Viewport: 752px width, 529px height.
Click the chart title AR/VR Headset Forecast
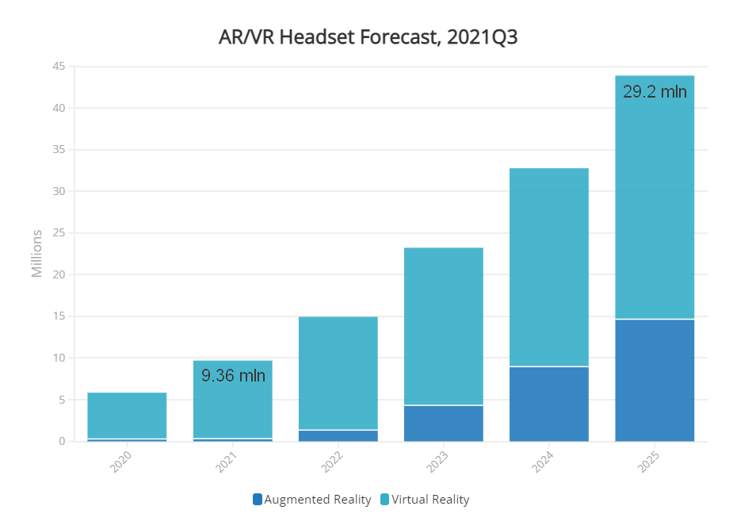pyautogui.click(x=368, y=37)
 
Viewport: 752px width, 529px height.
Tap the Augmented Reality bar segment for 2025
pyautogui.click(x=655, y=381)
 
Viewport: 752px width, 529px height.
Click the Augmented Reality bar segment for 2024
pyautogui.click(x=549, y=404)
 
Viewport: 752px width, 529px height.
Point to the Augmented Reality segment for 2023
pyautogui.click(x=444, y=424)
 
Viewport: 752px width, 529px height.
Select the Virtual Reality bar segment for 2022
pyautogui.click(x=338, y=373)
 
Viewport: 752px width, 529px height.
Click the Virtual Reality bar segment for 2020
pyautogui.click(x=127, y=416)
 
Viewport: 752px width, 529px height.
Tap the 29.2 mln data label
pyautogui.click(x=655, y=91)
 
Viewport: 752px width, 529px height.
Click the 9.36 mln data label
pyautogui.click(x=233, y=376)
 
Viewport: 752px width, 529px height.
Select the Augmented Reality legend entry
pyautogui.click(x=311, y=500)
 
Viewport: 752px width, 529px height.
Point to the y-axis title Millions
pyautogui.click(x=37, y=254)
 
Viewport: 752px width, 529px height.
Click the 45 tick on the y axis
pyautogui.click(x=58, y=67)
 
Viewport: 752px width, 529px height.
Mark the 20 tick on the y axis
pyautogui.click(x=58, y=275)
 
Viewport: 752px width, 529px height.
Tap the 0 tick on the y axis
pyautogui.click(x=61, y=442)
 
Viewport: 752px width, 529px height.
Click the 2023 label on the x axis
pyautogui.click(x=440, y=462)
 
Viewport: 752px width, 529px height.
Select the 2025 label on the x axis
pyautogui.click(x=651, y=462)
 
